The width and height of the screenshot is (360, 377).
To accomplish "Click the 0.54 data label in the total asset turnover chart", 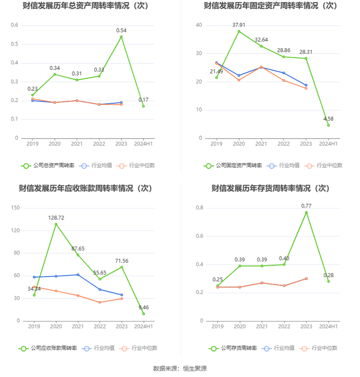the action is pyautogui.click(x=121, y=30).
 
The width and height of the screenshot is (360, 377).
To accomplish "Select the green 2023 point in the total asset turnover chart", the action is pyautogui.click(x=121, y=37).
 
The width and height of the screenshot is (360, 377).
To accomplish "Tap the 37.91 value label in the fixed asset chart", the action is pyautogui.click(x=239, y=25).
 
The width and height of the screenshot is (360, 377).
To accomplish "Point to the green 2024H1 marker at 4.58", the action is pyautogui.click(x=328, y=125).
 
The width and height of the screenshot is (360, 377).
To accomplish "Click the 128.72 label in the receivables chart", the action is pyautogui.click(x=56, y=218).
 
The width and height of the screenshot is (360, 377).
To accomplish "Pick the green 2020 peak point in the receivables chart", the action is pyautogui.click(x=56, y=224).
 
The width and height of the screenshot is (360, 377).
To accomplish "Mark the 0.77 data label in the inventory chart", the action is pyautogui.click(x=307, y=206).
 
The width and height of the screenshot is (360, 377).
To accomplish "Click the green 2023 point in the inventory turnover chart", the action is pyautogui.click(x=307, y=212).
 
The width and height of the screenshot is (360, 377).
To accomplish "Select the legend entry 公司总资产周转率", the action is pyautogui.click(x=48, y=165).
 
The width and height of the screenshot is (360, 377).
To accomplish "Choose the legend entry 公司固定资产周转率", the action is pyautogui.click(x=232, y=165).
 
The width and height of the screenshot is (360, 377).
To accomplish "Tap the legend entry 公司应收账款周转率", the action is pyautogui.click(x=48, y=348).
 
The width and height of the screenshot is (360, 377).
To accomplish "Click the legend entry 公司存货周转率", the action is pyautogui.click(x=232, y=348).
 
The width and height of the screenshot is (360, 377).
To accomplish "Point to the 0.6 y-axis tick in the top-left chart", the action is pyautogui.click(x=14, y=25).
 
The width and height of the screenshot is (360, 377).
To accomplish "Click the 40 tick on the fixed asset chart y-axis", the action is pyautogui.click(x=199, y=25).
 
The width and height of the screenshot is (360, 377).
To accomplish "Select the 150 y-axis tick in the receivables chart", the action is pyautogui.click(x=15, y=208).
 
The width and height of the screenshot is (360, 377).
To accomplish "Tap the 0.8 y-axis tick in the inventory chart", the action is pyautogui.click(x=200, y=208).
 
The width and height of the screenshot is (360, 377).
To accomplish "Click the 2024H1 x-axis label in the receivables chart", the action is pyautogui.click(x=143, y=327).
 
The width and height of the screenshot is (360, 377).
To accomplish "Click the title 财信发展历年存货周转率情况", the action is pyautogui.click(x=261, y=188).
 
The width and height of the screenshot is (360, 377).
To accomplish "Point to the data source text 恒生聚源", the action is pyautogui.click(x=194, y=369).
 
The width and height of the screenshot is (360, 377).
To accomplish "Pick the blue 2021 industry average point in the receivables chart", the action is pyautogui.click(x=78, y=275).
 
